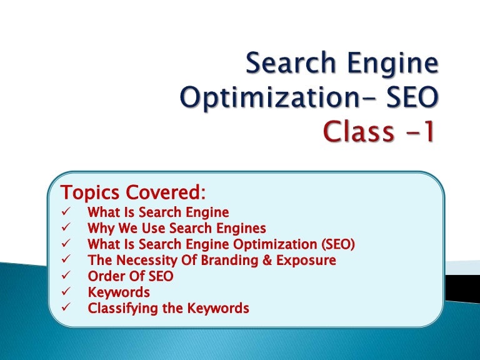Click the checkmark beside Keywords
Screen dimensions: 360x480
tap(66, 292)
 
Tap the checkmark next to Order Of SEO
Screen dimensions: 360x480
tap(66, 276)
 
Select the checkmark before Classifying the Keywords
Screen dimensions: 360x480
tap(66, 308)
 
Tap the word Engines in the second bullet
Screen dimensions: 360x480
tap(243, 228)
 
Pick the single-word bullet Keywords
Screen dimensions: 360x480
tap(119, 292)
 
